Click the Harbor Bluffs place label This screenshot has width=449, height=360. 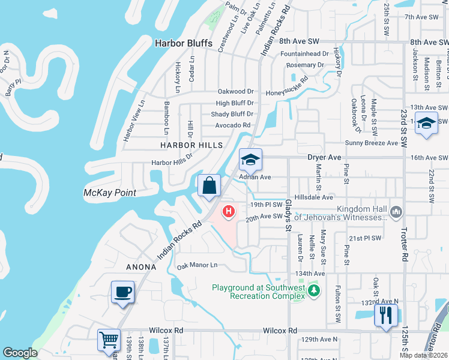point(184,43)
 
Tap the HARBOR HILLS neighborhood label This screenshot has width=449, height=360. point(191,145)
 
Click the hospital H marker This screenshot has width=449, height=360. point(229,211)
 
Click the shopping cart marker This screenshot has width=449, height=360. point(109,340)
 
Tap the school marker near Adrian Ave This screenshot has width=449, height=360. point(250,160)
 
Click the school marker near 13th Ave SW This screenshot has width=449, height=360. point(426,123)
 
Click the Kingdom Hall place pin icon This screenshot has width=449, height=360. point(396,211)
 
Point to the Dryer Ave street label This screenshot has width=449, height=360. point(324,157)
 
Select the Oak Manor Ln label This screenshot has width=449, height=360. point(196,265)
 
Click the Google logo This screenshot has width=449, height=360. point(20,353)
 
